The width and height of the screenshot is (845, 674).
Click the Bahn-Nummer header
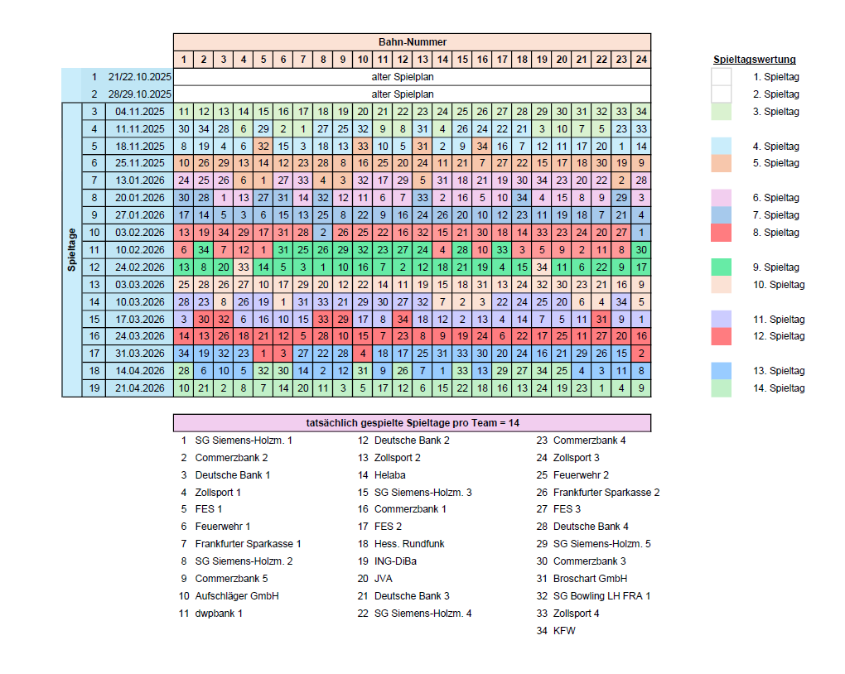pos(412,41)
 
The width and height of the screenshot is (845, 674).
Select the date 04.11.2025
pos(139,112)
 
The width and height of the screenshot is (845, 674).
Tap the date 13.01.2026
pos(139,181)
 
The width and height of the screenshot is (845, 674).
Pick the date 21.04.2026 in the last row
pos(139,388)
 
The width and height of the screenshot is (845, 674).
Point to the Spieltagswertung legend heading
pos(754,60)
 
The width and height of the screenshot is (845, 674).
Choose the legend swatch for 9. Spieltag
pos(722,267)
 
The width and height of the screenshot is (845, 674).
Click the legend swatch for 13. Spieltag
pos(722,371)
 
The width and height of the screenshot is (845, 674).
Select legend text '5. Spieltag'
pos(776,163)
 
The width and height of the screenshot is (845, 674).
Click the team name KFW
pos(564,631)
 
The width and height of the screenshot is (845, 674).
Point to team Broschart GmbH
pos(590,579)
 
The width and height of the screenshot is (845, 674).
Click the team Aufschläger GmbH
pos(236,596)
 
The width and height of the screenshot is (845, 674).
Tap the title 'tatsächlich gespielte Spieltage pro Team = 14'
pos(412,422)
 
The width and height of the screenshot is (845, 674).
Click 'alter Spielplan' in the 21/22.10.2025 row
pos(412,77)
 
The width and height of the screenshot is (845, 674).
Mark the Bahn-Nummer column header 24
pos(640,60)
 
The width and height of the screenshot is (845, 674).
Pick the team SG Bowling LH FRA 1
pos(601,596)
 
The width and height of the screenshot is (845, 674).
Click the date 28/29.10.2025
pos(139,94)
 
